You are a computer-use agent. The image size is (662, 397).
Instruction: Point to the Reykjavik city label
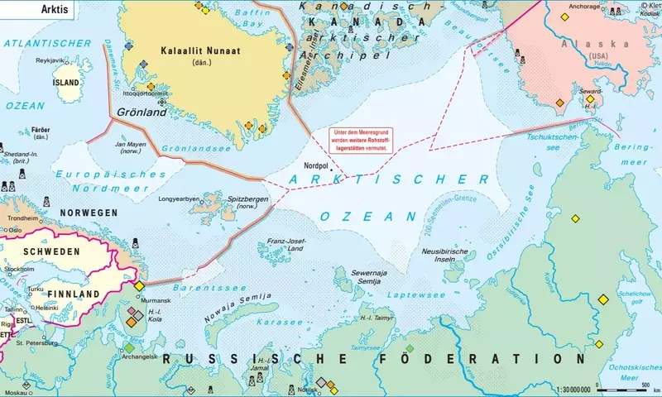(x=50, y=61)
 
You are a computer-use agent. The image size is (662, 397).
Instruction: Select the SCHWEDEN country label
(x=50, y=251)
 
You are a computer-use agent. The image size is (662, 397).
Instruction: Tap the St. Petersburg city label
(x=41, y=342)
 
